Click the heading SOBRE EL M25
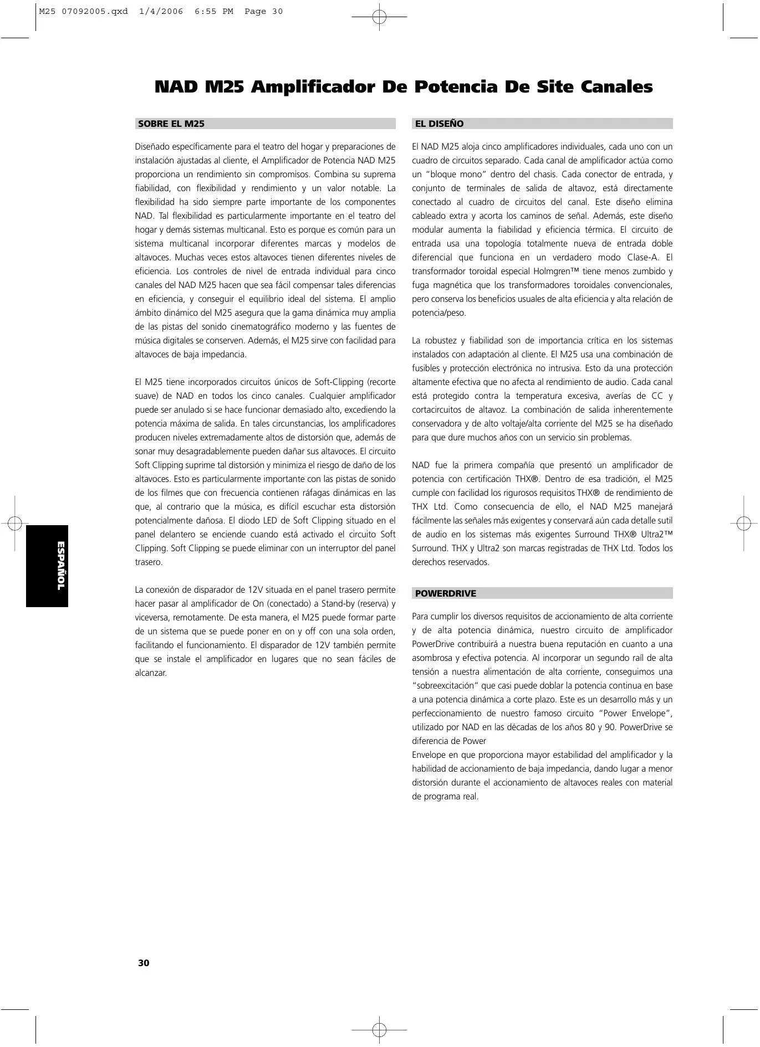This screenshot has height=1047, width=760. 171,124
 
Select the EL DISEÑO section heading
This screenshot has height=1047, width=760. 439,124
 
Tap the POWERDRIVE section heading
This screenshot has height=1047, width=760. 445,594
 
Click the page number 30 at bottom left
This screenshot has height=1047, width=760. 144,963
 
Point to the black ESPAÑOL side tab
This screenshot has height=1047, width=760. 47,566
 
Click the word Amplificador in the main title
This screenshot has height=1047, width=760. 328,87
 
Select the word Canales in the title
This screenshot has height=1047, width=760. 616,87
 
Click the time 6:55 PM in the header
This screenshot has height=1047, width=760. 214,12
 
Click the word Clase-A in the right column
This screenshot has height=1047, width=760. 642,258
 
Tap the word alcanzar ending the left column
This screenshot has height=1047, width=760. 151,673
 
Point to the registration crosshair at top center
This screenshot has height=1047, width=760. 379,17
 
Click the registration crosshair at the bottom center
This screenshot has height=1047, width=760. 379,1030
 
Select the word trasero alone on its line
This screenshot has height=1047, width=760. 149,562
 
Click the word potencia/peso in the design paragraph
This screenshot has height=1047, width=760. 439,313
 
